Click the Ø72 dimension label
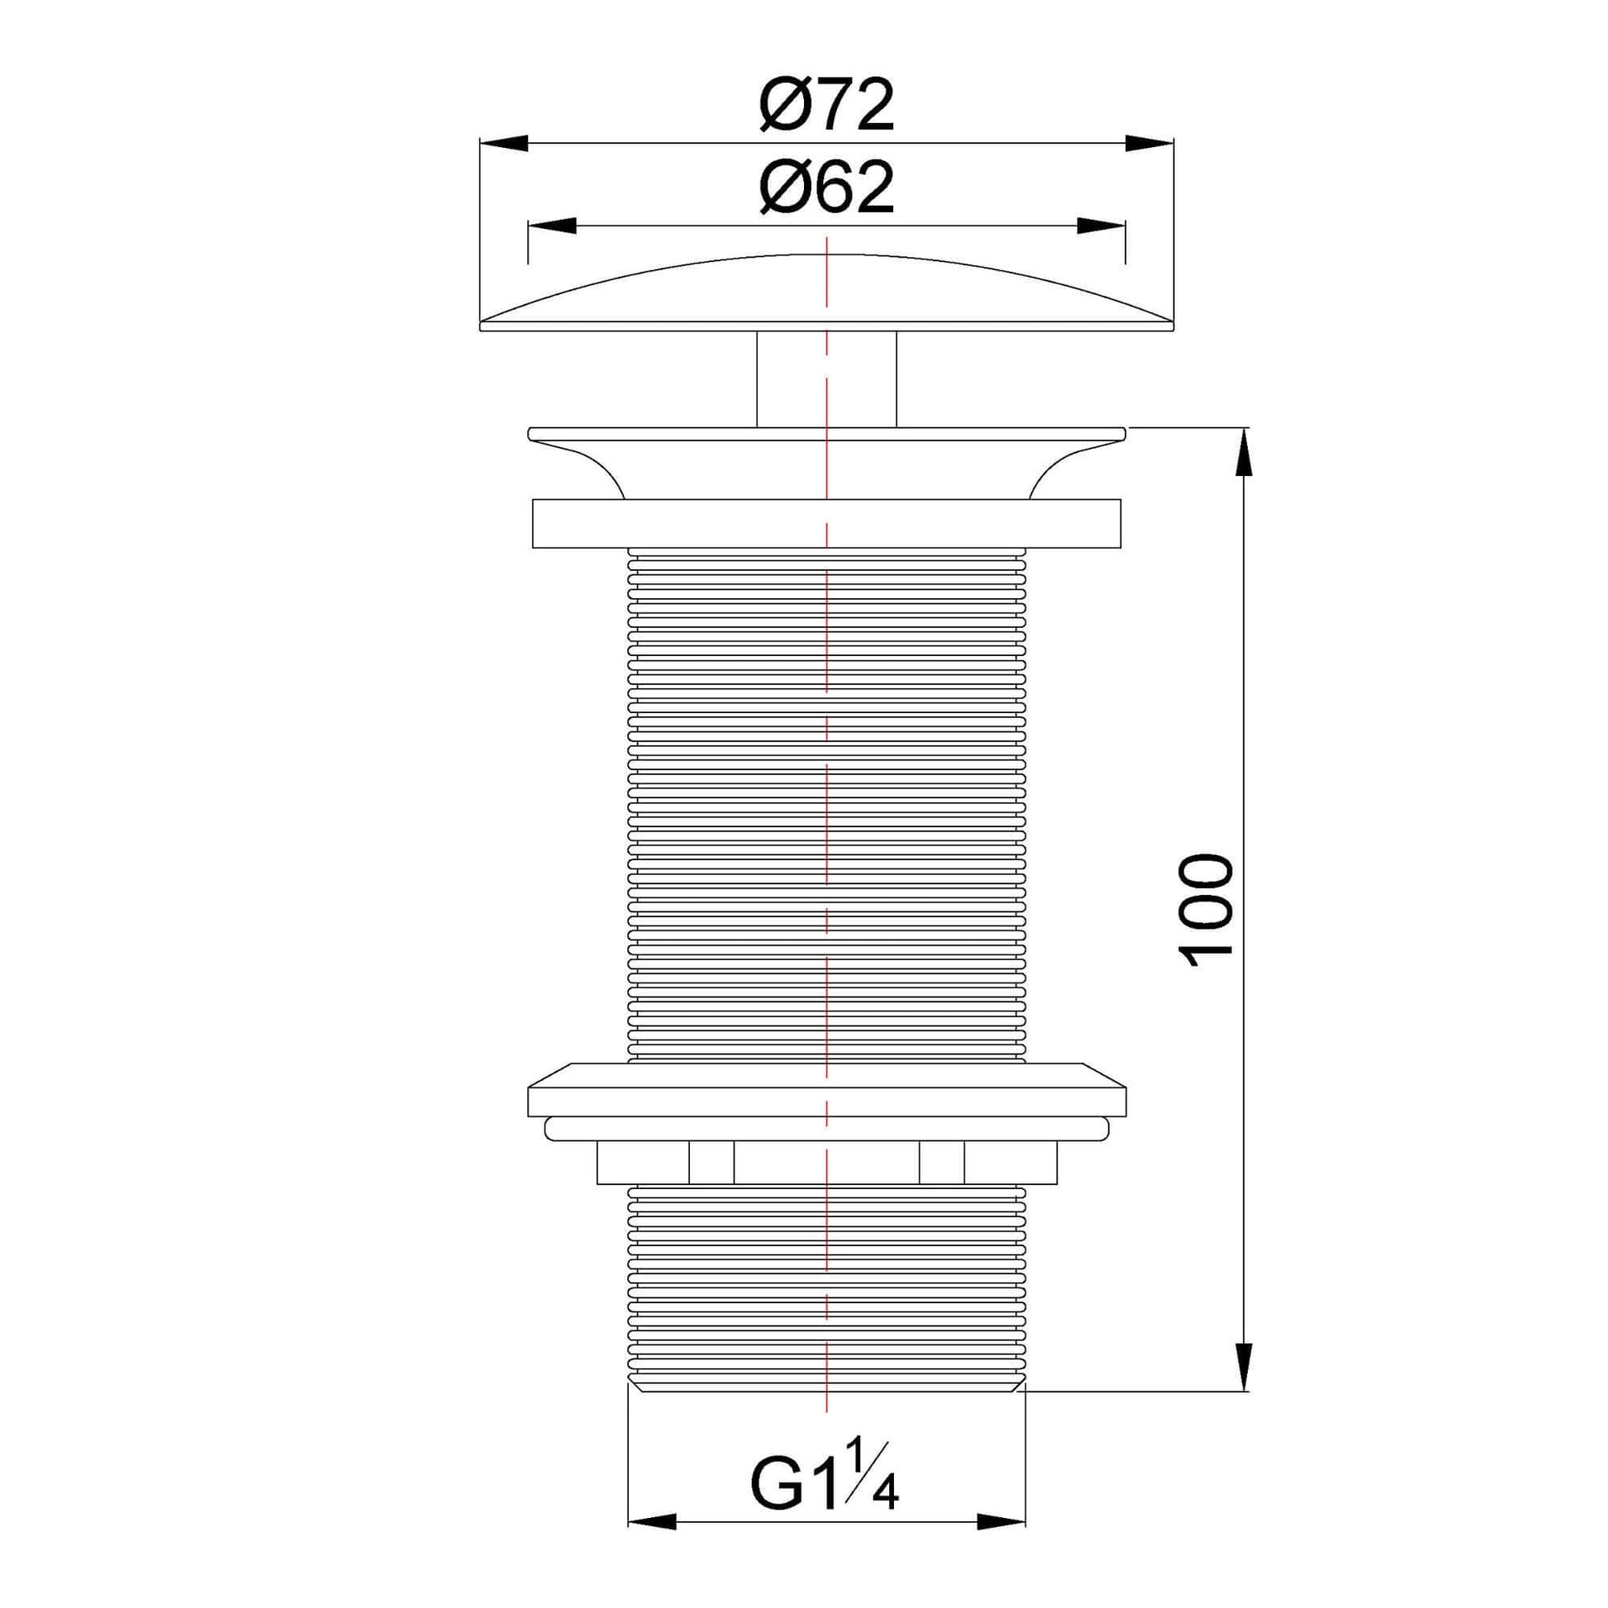(x=826, y=107)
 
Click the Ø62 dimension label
(x=826, y=188)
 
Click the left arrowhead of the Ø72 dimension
(x=504, y=143)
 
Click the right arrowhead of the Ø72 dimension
(x=1149, y=143)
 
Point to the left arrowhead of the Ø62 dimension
(x=552, y=226)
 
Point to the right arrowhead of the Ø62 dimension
(x=1101, y=226)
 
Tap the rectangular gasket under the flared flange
(x=826, y=524)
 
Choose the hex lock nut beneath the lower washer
(x=826, y=1163)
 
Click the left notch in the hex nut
(x=711, y=1163)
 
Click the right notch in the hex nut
(x=942, y=1163)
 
